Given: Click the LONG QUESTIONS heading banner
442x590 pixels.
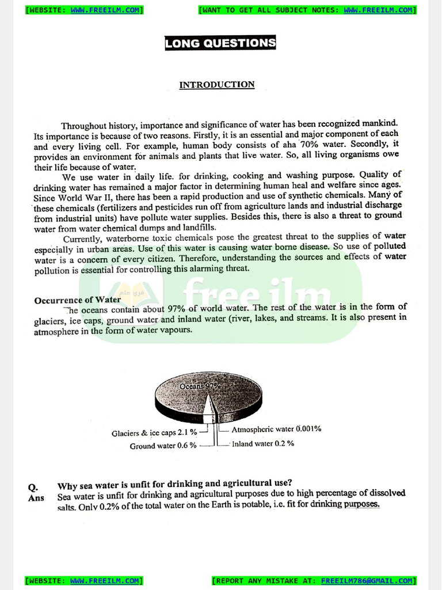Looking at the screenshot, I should click(220, 43).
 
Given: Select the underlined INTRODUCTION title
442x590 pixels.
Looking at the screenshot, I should click(216, 85).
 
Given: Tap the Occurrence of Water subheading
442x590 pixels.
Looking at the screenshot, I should click(77, 300).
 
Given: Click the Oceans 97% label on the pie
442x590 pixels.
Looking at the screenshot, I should click(200, 386).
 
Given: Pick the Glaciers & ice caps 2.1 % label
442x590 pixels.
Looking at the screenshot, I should click(154, 433).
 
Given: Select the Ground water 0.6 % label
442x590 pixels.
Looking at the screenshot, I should click(163, 446).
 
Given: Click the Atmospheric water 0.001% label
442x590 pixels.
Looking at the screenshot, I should click(276, 429).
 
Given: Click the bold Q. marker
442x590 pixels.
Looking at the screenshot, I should click(33, 487).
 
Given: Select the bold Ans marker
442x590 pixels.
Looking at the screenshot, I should click(36, 498).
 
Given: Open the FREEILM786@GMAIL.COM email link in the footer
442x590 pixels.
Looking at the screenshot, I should click(367, 581).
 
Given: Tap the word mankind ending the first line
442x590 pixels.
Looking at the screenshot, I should click(379, 123).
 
